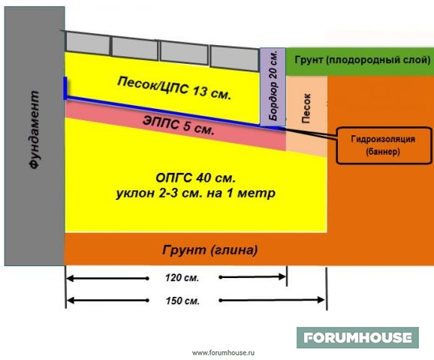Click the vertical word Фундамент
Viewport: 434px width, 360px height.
click(35, 130)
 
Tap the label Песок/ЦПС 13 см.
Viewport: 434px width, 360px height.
click(174, 89)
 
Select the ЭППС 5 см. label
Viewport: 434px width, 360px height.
click(179, 126)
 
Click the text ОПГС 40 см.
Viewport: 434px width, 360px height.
click(196, 178)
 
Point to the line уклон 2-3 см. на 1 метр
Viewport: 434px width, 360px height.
click(196, 193)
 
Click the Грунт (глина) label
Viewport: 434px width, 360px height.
click(209, 250)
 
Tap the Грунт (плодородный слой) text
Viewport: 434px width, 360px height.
click(363, 60)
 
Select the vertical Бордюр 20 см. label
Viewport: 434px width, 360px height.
click(273, 86)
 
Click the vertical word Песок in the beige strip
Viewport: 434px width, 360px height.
click(306, 108)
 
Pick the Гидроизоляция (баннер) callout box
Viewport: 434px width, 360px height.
click(384, 146)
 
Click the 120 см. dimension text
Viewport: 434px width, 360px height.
click(182, 277)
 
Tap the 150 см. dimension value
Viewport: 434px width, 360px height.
click(182, 301)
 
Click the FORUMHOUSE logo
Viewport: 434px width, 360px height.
click(357, 337)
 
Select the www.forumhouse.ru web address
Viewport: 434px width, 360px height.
click(223, 352)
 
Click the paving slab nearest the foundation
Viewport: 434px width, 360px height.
click(88, 42)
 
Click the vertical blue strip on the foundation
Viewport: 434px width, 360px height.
click(65, 88)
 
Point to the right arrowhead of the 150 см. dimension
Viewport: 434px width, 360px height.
click(321, 300)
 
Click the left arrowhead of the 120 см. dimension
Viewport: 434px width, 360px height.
click(71, 278)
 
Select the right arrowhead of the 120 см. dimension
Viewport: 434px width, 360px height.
click(282, 277)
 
